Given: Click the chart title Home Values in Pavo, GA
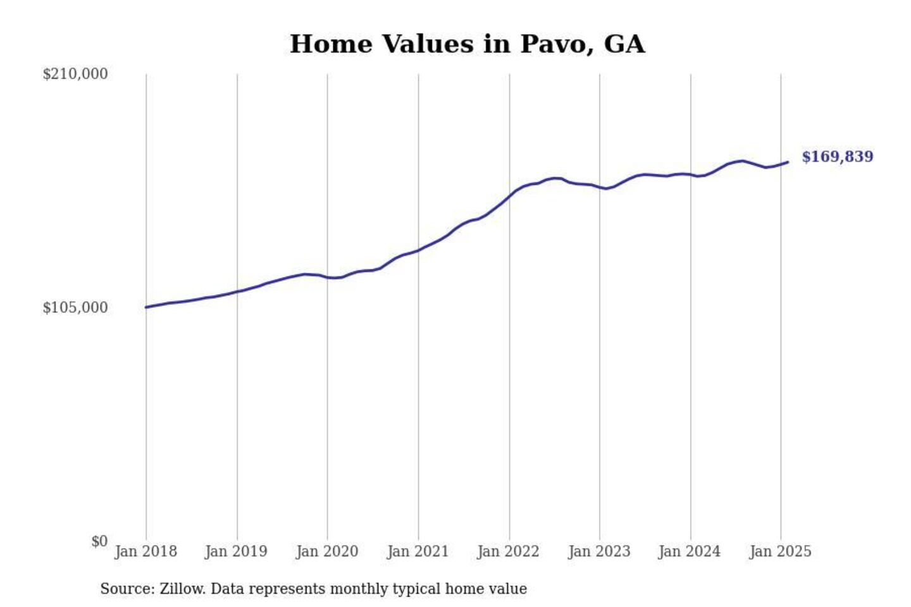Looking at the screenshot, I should pyautogui.click(x=467, y=44).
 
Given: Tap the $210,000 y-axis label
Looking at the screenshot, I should pyautogui.click(x=75, y=74).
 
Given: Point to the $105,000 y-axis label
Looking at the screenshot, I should pyautogui.click(x=75, y=308).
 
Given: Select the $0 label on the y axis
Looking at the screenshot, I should pyautogui.click(x=99, y=541).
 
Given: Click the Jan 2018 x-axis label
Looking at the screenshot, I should pyautogui.click(x=146, y=551).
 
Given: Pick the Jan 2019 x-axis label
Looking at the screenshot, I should pyautogui.click(x=236, y=551).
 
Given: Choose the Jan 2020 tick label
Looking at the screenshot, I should pyautogui.click(x=327, y=551).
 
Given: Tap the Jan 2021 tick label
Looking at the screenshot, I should pyautogui.click(x=418, y=551).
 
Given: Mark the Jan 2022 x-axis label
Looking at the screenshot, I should pyautogui.click(x=508, y=551).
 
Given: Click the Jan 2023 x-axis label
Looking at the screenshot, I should pyautogui.click(x=599, y=551).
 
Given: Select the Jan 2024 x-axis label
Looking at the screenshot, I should pyautogui.click(x=689, y=551).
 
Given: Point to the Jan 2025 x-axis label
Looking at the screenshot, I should pyautogui.click(x=780, y=551).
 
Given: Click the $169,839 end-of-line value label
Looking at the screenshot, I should pyautogui.click(x=837, y=157).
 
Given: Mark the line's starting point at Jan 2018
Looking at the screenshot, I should pyautogui.click(x=146, y=307).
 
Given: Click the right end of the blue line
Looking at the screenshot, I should pyautogui.click(x=788, y=162).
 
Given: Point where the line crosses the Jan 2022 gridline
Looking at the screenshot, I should pyautogui.click(x=509, y=195).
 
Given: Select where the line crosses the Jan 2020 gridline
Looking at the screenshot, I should pyautogui.click(x=328, y=277).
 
